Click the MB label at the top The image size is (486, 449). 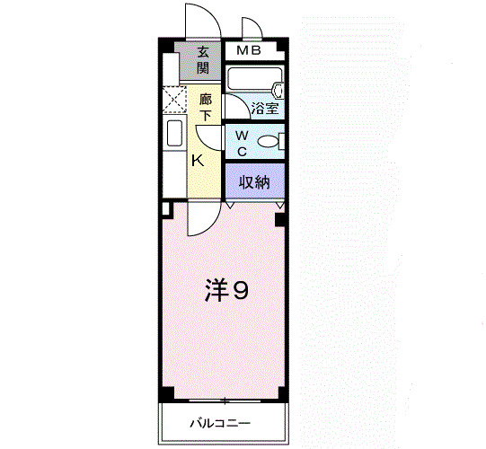pyautogui.click(x=249, y=50)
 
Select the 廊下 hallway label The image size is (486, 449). pyautogui.click(x=206, y=107)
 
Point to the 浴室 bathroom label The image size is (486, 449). pyautogui.click(x=265, y=109)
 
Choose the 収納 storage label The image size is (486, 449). pyautogui.click(x=254, y=181)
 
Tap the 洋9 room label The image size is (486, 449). pyautogui.click(x=225, y=290)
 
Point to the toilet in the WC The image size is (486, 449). pyautogui.click(x=271, y=141)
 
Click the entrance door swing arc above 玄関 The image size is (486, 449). pyautogui.click(x=199, y=20)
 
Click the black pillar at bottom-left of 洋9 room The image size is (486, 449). pyautogui.click(x=165, y=396)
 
